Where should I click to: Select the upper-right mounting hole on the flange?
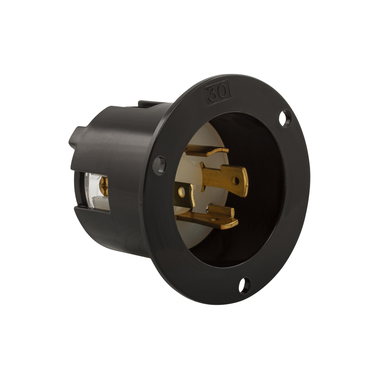point(285,118)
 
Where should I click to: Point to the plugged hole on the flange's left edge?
point(159,165)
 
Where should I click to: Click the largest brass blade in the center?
point(224,178)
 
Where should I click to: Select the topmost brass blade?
point(206,151)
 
